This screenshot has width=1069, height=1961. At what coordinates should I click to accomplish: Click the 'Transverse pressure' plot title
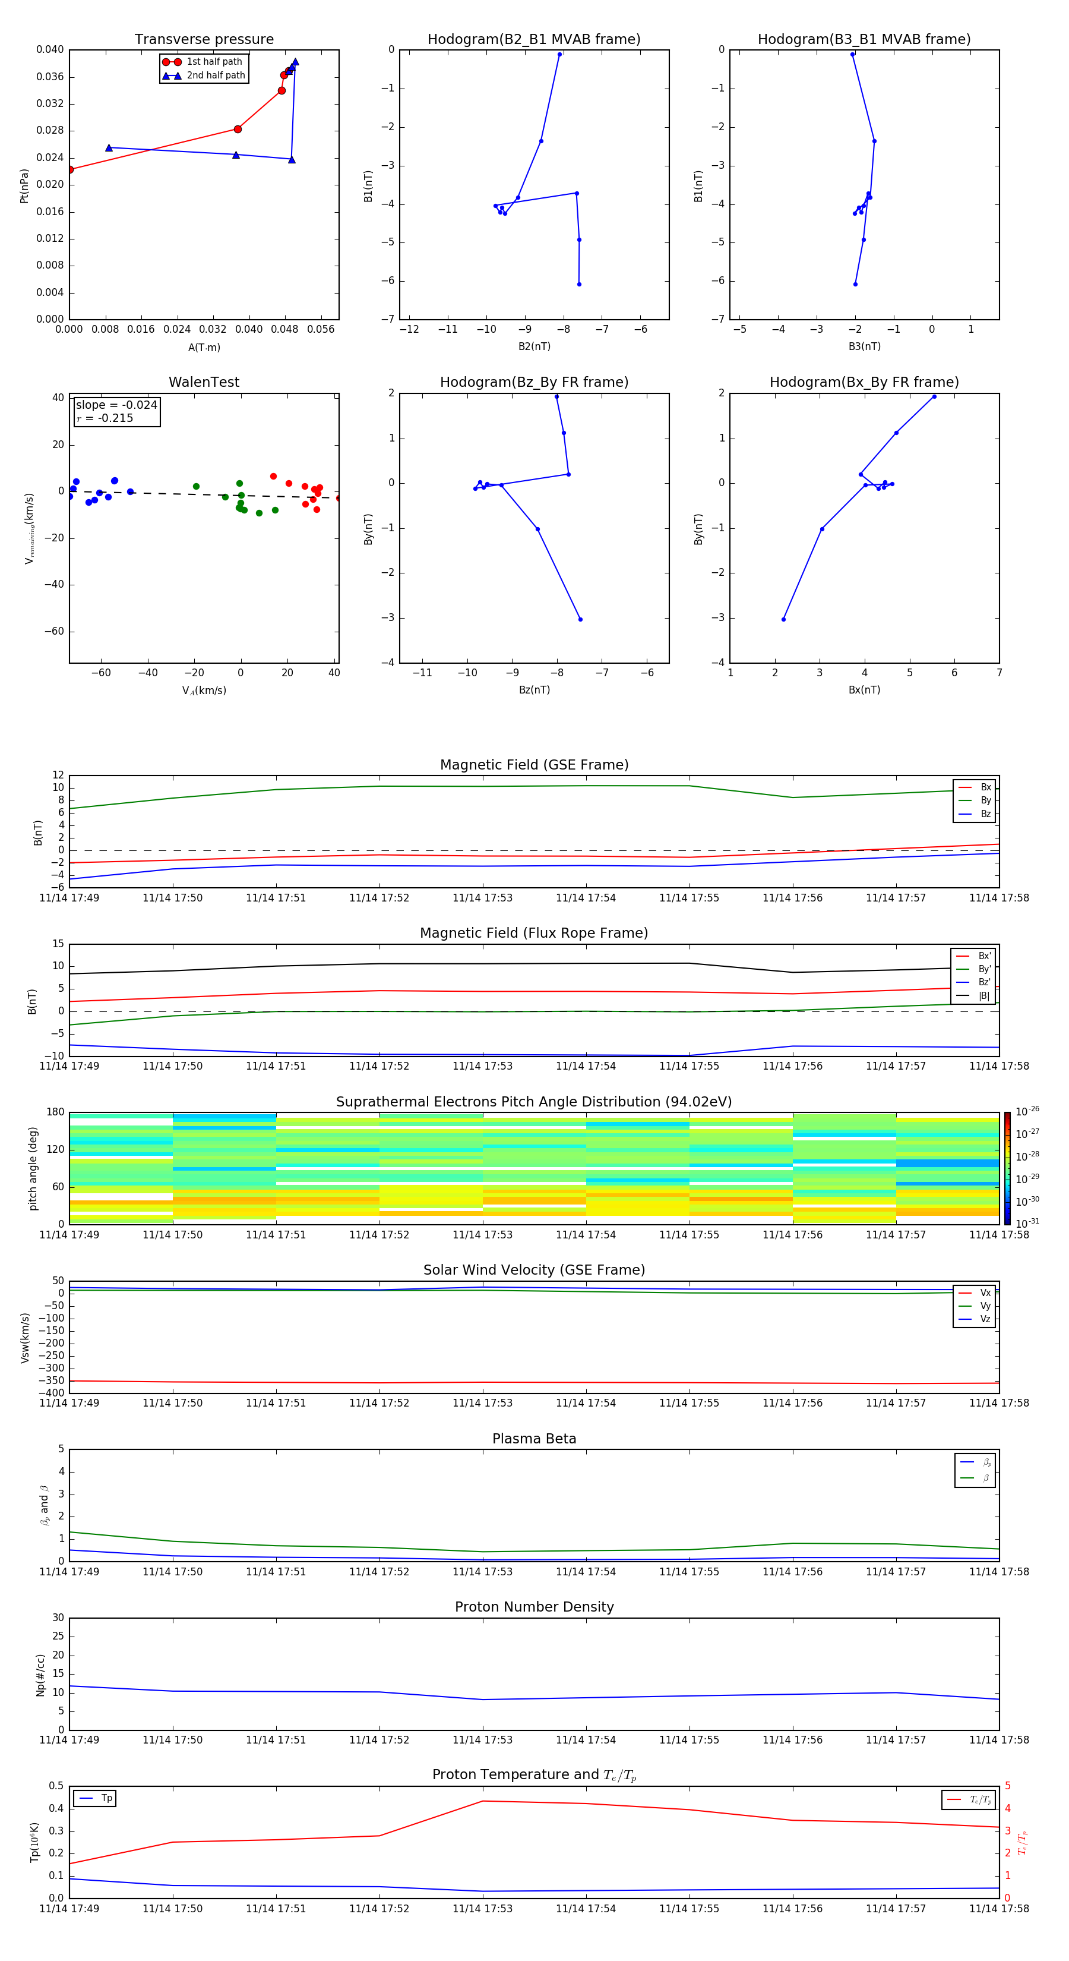(204, 40)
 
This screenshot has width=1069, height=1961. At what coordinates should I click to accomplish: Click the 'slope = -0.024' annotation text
(116, 405)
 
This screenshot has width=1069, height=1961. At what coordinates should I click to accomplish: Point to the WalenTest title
(204, 382)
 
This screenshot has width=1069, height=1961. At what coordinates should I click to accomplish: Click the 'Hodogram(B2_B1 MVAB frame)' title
(533, 40)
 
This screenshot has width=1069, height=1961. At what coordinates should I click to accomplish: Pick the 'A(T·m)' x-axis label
(204, 347)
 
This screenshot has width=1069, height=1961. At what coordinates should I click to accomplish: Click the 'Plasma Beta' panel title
(534, 1439)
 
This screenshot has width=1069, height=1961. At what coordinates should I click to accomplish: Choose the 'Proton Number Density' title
(534, 1607)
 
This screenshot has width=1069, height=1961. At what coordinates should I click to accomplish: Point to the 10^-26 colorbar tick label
(1027, 1111)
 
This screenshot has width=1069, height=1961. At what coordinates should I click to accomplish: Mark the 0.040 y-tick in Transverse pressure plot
(50, 51)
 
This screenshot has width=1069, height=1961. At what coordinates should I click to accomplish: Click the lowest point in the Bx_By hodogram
(783, 619)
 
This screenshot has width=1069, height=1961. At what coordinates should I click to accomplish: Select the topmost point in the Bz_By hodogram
(556, 396)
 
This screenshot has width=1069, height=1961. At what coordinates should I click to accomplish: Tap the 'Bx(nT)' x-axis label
(864, 690)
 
